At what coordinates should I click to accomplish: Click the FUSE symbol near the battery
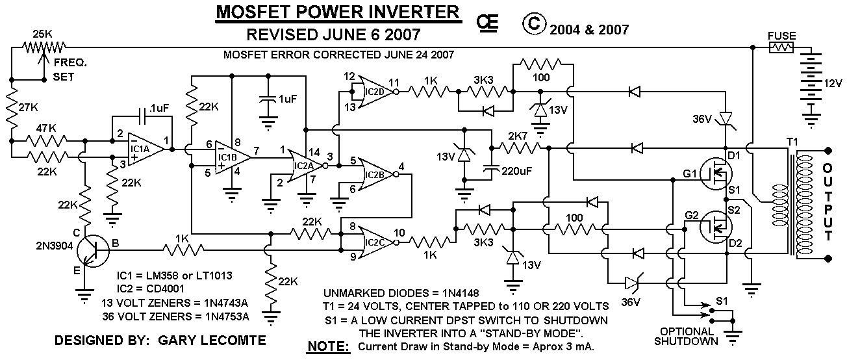tap(781, 47)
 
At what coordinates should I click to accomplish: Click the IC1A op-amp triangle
tap(146, 149)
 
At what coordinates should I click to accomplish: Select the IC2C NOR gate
tap(377, 242)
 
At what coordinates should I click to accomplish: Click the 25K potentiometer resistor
tap(44, 48)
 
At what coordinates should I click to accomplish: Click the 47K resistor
tap(47, 141)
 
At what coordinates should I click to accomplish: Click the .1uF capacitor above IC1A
tap(142, 116)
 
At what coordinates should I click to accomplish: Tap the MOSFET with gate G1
tap(714, 174)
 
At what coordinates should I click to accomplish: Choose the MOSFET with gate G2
tap(714, 227)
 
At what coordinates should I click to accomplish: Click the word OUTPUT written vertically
tap(828, 202)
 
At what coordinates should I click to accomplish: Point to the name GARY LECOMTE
tap(212, 341)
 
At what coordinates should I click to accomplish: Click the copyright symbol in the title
tap(534, 23)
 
